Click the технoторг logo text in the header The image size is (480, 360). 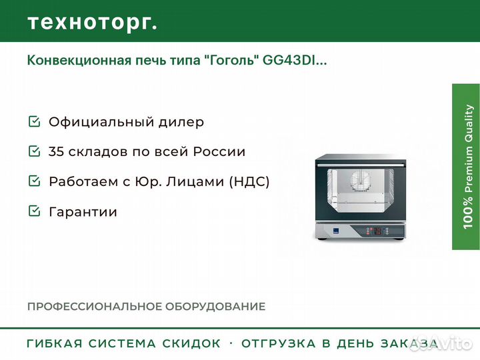click(x=92, y=23)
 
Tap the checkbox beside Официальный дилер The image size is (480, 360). click(x=34, y=122)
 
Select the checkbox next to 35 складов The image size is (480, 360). click(x=34, y=151)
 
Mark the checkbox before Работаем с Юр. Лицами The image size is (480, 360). click(x=34, y=181)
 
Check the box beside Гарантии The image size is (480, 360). click(x=34, y=211)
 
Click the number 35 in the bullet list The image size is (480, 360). click(x=57, y=151)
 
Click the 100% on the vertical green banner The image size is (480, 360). click(x=470, y=213)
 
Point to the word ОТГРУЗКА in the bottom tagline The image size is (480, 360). click(x=279, y=344)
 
